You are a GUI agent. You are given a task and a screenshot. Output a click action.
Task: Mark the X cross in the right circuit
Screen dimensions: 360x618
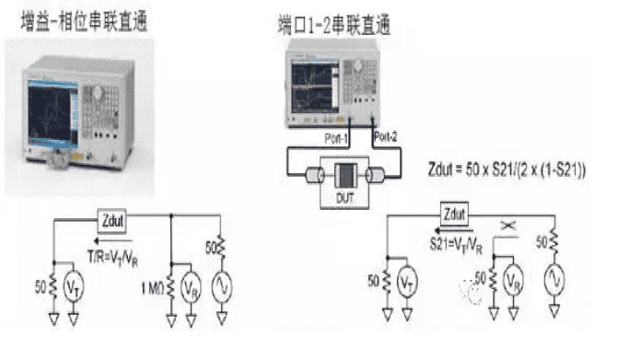click(x=507, y=226)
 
